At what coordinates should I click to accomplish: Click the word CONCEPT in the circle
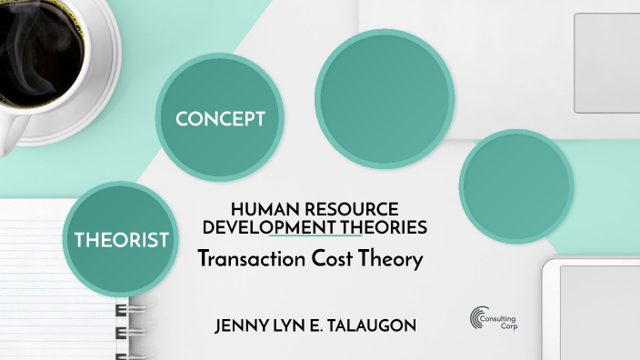pyautogui.click(x=220, y=119)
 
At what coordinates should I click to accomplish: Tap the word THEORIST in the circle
pyautogui.click(x=122, y=240)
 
